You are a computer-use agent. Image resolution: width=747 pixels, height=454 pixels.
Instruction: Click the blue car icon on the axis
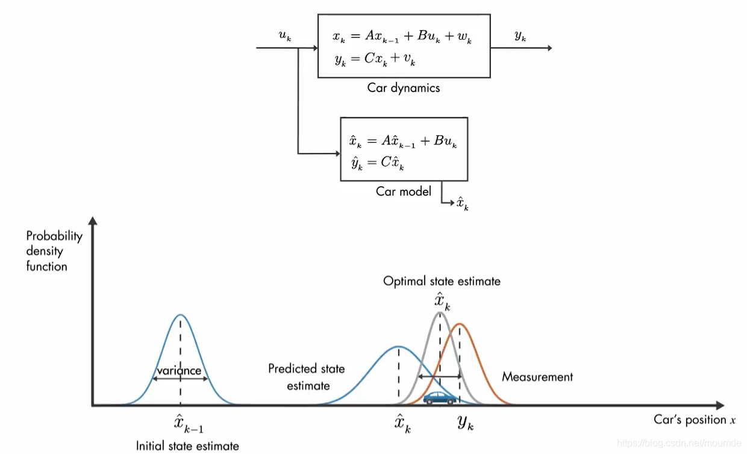[x=440, y=397]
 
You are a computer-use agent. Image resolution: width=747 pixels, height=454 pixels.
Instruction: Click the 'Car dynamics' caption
[x=404, y=88]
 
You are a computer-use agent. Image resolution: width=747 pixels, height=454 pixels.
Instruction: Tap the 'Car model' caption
[x=404, y=191]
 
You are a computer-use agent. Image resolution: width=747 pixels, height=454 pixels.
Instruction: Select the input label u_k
[x=285, y=36]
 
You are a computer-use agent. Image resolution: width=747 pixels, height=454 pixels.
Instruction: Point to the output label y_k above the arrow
[x=520, y=36]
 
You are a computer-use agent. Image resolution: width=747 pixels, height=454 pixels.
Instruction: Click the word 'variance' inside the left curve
[x=179, y=371]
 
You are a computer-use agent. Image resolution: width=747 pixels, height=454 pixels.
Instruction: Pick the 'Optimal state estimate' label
[x=442, y=281]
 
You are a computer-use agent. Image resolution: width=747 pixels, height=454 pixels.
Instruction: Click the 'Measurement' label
[x=537, y=377]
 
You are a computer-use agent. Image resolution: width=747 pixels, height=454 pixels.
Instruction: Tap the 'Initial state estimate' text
[x=187, y=446]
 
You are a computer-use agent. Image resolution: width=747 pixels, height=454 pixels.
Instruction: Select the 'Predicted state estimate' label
[x=307, y=376]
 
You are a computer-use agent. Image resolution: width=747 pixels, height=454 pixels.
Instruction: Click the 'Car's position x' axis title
[x=695, y=420]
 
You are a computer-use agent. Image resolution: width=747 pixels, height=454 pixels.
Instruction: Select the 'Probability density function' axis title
[x=54, y=251]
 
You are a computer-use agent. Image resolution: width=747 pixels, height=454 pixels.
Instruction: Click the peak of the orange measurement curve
[x=460, y=325]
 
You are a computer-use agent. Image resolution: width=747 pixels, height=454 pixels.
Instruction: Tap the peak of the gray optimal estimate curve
[x=440, y=313]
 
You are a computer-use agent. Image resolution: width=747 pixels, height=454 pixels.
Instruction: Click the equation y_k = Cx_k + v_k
[x=375, y=59]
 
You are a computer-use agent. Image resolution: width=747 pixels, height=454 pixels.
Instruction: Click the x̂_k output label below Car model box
[x=463, y=203]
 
